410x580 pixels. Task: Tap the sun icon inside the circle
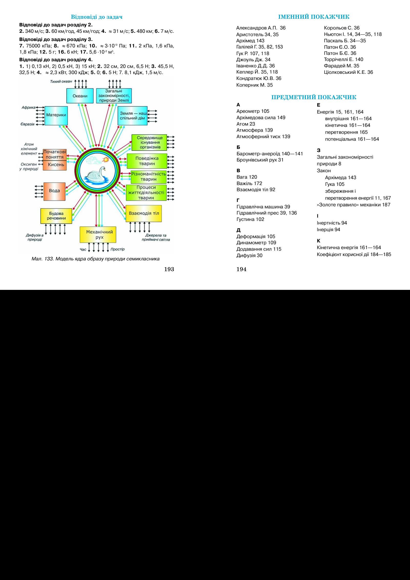(105, 160)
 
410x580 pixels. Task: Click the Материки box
(56, 115)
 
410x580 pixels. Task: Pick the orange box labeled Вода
(54, 191)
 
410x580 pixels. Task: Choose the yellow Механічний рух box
(98, 235)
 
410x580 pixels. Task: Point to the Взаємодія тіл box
(144, 213)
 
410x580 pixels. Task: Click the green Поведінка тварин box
(147, 161)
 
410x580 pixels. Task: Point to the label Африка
(28, 107)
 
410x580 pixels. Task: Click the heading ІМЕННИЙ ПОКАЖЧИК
(314, 17)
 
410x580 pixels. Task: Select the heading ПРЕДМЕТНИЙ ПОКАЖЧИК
(314, 97)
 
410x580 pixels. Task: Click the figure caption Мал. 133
(94, 259)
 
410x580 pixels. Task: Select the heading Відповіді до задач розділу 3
(56, 39)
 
